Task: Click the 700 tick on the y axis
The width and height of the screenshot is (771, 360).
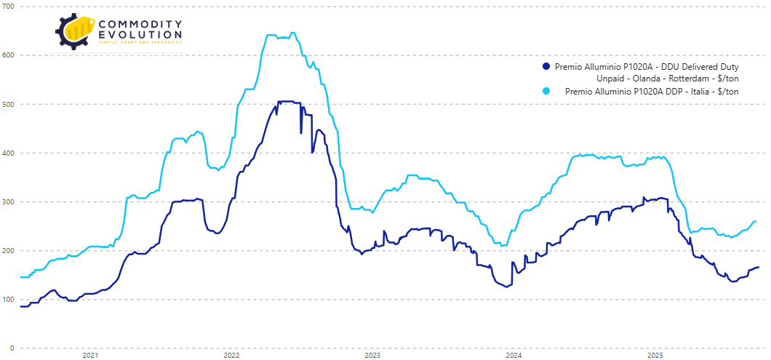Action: (x=9, y=7)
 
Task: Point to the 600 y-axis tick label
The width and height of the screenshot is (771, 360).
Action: (x=9, y=55)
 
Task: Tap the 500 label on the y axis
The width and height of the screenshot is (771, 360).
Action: (x=9, y=104)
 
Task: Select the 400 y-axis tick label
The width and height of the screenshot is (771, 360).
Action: (x=9, y=153)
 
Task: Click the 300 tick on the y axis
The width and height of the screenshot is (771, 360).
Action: (x=9, y=201)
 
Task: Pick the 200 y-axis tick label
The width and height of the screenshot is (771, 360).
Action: (x=9, y=250)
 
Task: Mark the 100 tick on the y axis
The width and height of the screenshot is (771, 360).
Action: (x=9, y=299)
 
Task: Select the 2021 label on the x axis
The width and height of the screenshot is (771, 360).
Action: (x=90, y=356)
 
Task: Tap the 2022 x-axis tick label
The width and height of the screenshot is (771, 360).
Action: (x=231, y=356)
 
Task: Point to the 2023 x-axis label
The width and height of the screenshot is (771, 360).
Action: (x=372, y=356)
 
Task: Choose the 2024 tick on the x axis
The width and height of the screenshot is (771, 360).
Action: (x=514, y=356)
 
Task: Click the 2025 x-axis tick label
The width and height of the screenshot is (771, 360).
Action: (x=655, y=356)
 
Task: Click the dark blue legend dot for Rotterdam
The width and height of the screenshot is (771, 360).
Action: (x=546, y=66)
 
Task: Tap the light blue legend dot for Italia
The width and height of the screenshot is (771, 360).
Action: (x=546, y=91)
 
